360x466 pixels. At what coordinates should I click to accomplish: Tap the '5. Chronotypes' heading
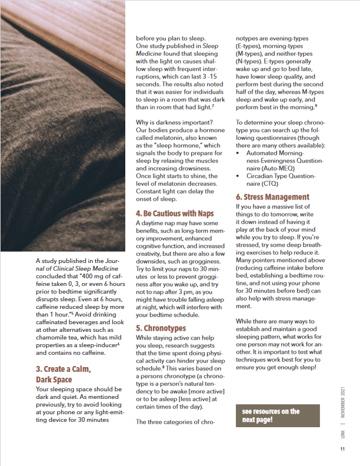(x=162, y=328)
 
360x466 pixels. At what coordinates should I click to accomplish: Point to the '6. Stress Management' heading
(x=272, y=197)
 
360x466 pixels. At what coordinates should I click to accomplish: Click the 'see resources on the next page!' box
(x=277, y=416)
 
